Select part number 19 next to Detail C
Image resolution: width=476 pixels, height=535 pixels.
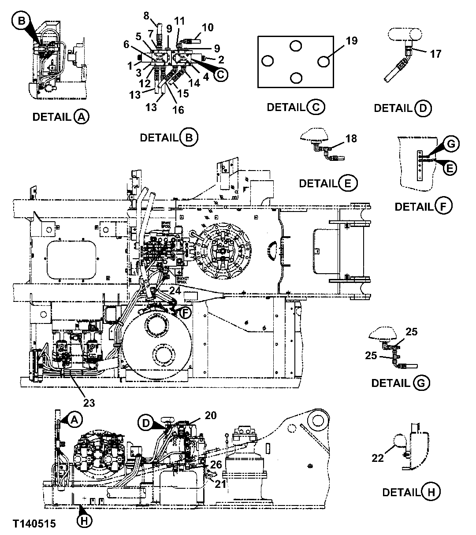coord(351,42)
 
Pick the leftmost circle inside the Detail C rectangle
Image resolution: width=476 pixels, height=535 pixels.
coord(268,61)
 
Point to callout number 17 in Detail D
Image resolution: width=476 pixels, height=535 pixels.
coord(435,54)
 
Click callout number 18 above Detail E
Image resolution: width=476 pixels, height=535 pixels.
coord(351,139)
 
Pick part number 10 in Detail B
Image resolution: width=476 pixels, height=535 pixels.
coord(208,28)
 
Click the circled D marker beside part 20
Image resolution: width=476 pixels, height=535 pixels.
coord(146,422)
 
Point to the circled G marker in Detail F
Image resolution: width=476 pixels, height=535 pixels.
coord(452,143)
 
